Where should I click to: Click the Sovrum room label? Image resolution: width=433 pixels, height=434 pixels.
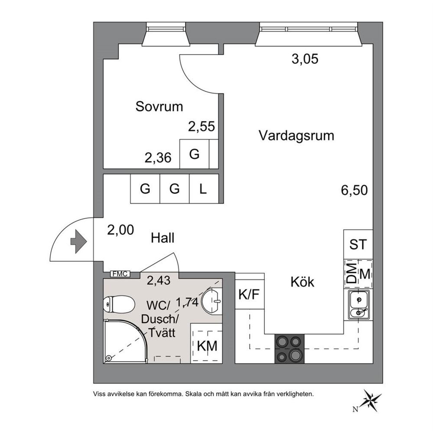(x=159, y=106)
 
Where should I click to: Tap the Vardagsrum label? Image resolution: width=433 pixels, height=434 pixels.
(x=296, y=136)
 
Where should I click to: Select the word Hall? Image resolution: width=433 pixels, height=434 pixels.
(x=163, y=238)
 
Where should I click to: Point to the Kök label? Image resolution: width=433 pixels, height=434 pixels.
(x=302, y=282)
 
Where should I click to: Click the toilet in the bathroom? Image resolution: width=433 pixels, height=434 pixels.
(x=118, y=304)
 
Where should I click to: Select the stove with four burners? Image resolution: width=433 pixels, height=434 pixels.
(x=289, y=349)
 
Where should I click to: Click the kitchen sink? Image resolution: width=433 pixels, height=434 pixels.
(x=358, y=305)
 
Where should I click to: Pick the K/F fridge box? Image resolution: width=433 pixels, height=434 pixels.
(x=249, y=295)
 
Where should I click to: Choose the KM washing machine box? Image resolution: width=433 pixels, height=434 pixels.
(x=207, y=346)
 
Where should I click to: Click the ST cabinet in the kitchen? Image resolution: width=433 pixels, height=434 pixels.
(x=358, y=244)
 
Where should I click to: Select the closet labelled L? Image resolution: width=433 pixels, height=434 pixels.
(x=203, y=189)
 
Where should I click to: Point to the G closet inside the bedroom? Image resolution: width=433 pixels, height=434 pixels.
(x=194, y=154)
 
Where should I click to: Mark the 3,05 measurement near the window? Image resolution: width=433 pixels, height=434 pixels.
(x=305, y=59)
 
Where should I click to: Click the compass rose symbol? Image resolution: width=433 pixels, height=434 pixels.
(x=371, y=399)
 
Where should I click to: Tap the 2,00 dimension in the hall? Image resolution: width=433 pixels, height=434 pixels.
(x=120, y=230)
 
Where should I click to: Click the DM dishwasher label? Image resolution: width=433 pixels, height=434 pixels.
(x=352, y=273)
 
